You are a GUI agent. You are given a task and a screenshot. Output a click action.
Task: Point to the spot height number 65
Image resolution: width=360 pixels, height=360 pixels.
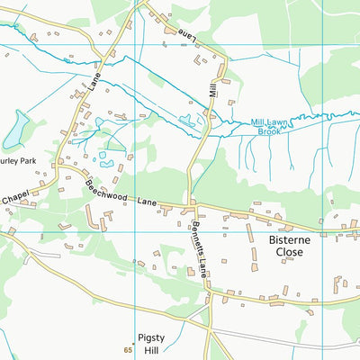[x=129, y=348]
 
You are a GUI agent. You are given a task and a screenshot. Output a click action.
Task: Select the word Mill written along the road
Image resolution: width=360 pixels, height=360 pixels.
[x=213, y=87]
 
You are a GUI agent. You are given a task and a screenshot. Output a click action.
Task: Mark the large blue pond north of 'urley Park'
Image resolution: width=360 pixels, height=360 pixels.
[x=15, y=130]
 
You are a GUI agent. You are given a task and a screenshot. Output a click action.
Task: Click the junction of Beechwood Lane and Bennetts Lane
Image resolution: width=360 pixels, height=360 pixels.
[x=190, y=209]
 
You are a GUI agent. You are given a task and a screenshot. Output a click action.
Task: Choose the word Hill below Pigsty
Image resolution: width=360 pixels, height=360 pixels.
[x=149, y=350]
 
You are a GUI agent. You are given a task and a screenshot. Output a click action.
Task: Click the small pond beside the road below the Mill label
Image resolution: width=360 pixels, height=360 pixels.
[x=187, y=119]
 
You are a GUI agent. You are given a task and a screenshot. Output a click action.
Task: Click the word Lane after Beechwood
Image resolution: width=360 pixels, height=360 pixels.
[x=148, y=205]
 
